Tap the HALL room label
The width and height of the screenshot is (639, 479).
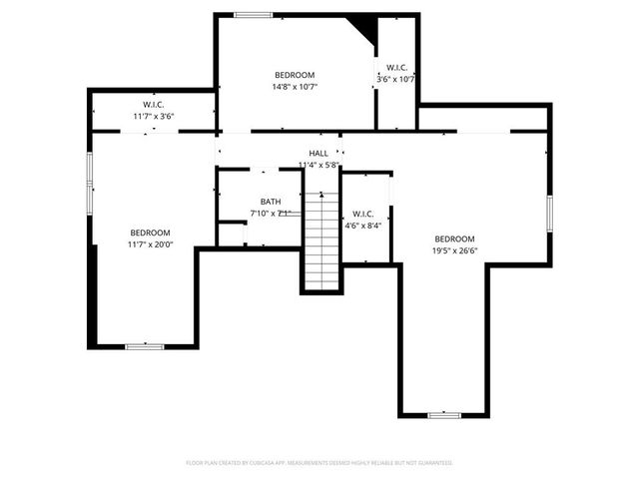click(x=319, y=153)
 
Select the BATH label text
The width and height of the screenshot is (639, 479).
click(x=271, y=202)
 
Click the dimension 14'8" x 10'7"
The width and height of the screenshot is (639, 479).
click(x=295, y=87)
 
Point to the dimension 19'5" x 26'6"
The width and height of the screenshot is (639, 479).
click(x=454, y=250)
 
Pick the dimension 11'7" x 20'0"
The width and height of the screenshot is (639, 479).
click(x=150, y=243)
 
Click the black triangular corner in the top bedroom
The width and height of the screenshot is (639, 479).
click(x=362, y=27)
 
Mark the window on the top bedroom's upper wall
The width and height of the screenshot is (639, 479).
click(x=253, y=15)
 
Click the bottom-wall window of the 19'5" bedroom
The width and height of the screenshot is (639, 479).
click(x=445, y=414)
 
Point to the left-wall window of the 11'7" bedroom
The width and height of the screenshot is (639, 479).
click(x=89, y=181)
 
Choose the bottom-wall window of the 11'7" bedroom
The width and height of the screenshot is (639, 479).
click(x=145, y=346)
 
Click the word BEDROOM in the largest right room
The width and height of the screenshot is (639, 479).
click(x=454, y=239)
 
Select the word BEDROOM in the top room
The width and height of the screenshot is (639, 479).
click(x=295, y=75)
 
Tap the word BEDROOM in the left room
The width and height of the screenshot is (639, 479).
click(x=150, y=232)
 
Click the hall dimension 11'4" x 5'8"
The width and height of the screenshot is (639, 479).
click(x=319, y=165)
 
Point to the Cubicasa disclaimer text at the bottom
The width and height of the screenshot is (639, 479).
click(x=319, y=463)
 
